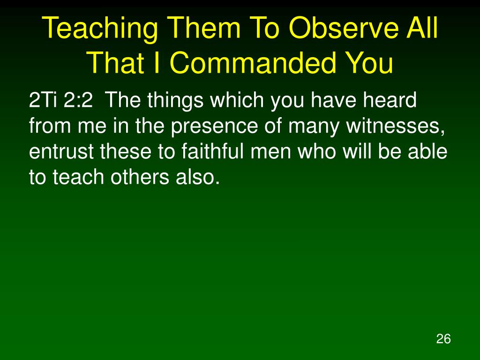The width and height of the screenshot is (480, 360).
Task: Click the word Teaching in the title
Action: (x=100, y=29)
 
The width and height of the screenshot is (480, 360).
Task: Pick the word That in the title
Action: (x=116, y=63)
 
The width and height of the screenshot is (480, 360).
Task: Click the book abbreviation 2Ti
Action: (x=43, y=100)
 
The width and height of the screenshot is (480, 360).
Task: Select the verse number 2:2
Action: (x=78, y=100)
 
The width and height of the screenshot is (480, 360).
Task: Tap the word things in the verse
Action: (x=175, y=101)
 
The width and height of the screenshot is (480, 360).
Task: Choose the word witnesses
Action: (x=395, y=126)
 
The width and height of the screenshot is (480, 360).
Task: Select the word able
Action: (x=427, y=151)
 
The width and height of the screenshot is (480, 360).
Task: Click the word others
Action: (x=140, y=177)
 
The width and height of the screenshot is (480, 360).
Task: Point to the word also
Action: (x=198, y=177)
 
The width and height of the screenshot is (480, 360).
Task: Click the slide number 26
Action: (x=443, y=339)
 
